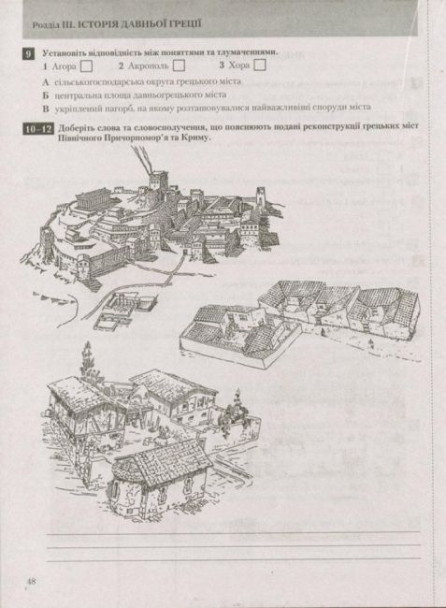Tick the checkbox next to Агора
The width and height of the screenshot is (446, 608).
tap(85, 67)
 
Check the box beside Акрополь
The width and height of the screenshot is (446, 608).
tap(179, 67)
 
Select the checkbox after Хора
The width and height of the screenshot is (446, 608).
tap(260, 66)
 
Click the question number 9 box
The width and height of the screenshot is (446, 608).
tap(28, 54)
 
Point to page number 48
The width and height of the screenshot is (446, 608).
tap(30, 582)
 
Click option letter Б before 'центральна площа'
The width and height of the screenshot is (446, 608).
tap(46, 94)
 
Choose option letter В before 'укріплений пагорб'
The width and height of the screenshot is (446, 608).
tap(46, 108)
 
